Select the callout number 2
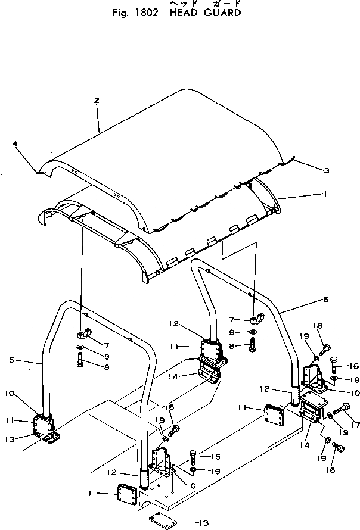(x=97, y=101)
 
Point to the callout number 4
(x=15, y=144)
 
